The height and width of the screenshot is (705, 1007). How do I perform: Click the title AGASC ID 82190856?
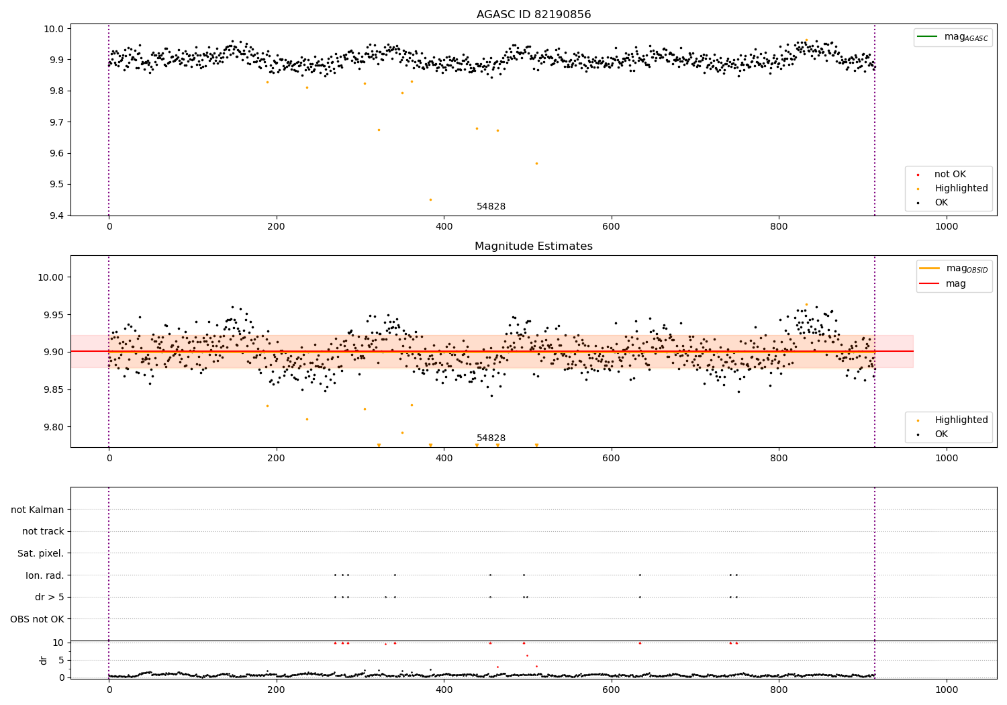(x=534, y=15)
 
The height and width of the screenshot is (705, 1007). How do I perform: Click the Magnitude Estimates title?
(x=534, y=246)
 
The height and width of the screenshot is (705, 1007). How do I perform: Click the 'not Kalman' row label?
(x=38, y=510)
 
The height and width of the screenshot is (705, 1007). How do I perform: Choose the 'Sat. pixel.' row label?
(x=40, y=553)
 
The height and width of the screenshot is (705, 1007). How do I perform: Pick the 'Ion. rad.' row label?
(x=45, y=575)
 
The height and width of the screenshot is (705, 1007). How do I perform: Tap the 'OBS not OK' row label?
(x=37, y=619)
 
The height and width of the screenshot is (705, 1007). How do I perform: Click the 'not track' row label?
(x=43, y=531)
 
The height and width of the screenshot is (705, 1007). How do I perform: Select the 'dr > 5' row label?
(x=50, y=597)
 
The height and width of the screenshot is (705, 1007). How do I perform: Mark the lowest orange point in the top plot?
(x=430, y=199)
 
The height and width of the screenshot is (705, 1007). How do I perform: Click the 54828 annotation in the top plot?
(x=491, y=207)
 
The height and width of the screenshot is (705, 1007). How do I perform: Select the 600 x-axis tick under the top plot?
(x=611, y=227)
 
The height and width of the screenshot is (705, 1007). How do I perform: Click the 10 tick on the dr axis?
(x=58, y=643)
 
